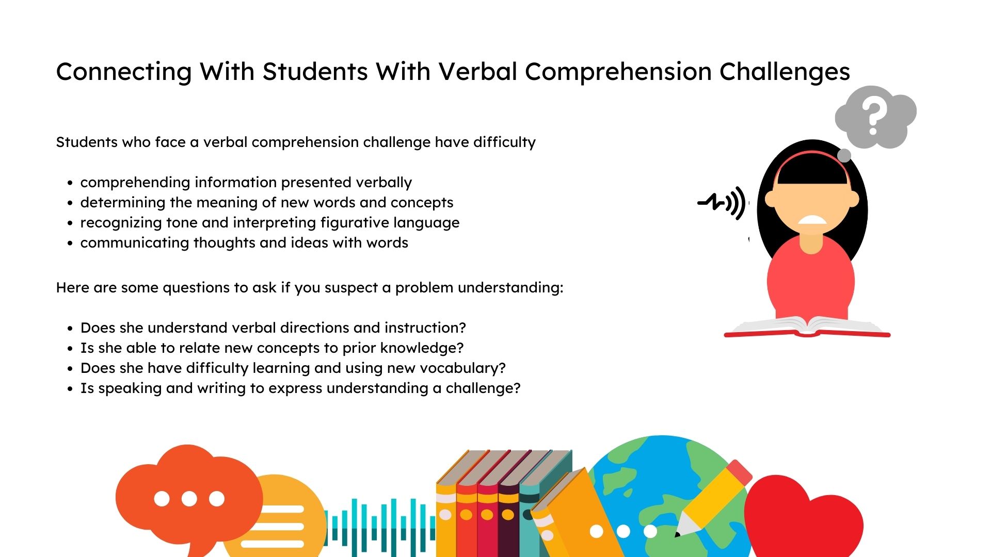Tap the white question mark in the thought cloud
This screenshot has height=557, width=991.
873,116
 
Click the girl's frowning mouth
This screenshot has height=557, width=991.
812,220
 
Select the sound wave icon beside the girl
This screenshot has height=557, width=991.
722,203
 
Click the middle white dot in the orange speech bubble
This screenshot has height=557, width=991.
189,499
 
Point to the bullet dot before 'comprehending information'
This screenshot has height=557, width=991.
70,183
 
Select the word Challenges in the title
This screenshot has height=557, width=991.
785,72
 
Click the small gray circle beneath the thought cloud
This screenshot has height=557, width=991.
844,155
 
